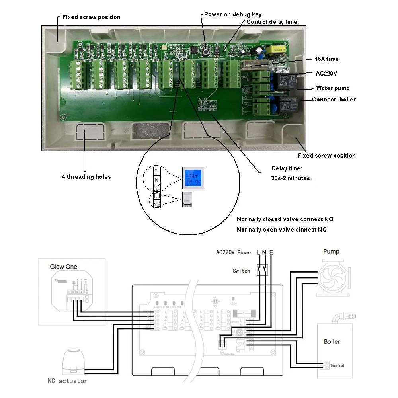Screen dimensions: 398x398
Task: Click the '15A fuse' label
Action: click(x=327, y=59)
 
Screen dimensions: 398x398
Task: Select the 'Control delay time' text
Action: click(x=271, y=22)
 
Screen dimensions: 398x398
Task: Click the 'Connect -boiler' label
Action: click(x=334, y=99)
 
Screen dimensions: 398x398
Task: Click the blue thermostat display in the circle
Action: click(x=193, y=178)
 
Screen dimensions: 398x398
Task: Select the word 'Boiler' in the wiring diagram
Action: click(x=332, y=341)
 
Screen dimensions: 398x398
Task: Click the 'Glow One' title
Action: click(x=63, y=266)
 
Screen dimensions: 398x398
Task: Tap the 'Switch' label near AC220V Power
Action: click(x=241, y=271)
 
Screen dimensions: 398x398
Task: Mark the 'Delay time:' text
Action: click(x=287, y=168)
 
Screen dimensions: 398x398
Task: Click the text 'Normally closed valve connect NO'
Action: click(x=285, y=219)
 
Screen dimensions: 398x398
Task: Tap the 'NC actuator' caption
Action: click(x=67, y=381)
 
